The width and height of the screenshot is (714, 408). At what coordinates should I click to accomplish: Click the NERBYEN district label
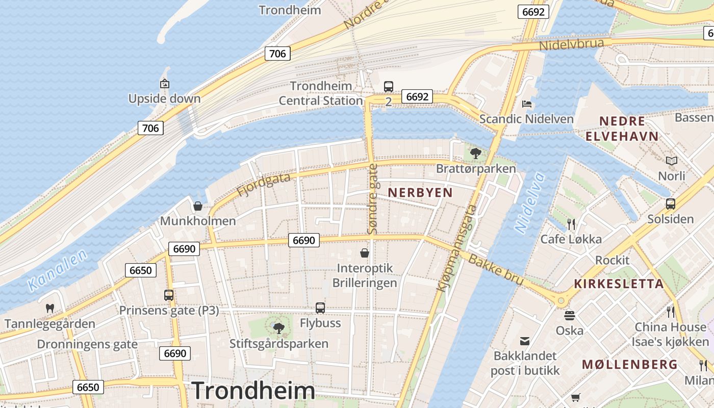(x=420, y=192)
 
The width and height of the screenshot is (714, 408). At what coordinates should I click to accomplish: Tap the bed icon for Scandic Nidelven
(x=527, y=104)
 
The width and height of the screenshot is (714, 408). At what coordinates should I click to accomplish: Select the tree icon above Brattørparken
(x=475, y=152)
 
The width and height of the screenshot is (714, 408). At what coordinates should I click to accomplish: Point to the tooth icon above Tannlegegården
(x=50, y=308)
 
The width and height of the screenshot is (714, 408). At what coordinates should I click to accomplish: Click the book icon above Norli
(x=672, y=161)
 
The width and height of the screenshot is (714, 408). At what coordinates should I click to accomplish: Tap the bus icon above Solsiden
(x=671, y=204)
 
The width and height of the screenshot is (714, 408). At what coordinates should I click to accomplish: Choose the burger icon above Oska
(x=570, y=315)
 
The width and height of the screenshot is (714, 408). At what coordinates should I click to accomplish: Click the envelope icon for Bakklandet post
(x=525, y=341)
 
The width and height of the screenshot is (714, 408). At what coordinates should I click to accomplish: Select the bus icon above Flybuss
(x=320, y=308)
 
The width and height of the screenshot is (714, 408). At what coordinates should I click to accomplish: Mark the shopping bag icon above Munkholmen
(x=198, y=206)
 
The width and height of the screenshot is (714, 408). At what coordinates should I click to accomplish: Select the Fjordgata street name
(x=264, y=185)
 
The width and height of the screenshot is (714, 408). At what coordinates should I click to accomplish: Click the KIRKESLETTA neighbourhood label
(x=619, y=284)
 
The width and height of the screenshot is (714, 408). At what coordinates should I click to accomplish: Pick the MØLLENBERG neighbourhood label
(x=630, y=365)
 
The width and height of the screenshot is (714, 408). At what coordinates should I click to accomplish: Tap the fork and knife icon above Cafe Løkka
(x=571, y=224)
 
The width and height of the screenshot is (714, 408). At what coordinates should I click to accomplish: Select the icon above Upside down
(x=164, y=84)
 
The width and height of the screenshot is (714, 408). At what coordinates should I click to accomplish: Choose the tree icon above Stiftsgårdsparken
(x=278, y=328)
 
